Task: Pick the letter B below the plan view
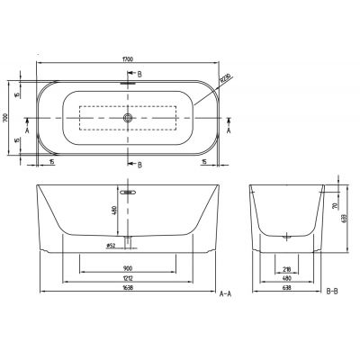tap(139, 165)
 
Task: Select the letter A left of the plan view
tap(29, 129)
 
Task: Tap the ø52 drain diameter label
tap(112, 244)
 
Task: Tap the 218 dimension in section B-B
tap(287, 268)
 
